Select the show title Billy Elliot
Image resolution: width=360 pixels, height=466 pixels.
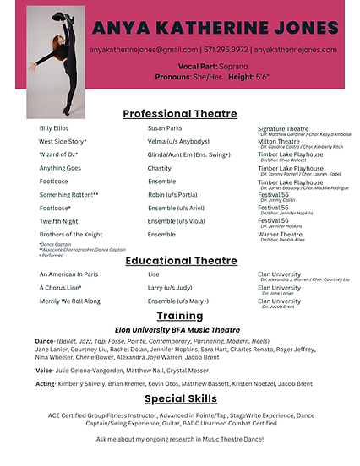coord(57,128)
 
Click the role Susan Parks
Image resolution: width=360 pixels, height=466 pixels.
coord(166,128)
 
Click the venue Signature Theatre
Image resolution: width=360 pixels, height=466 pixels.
coord(283,128)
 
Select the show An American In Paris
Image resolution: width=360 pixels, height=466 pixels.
coord(68,274)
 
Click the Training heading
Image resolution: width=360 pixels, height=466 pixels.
coord(179,316)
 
